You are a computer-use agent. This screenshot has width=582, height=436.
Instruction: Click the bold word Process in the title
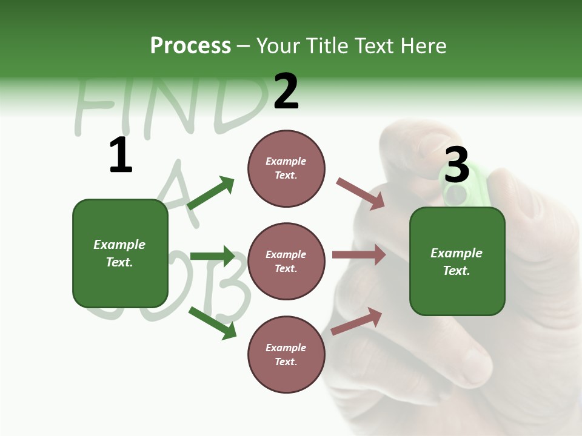click(190, 45)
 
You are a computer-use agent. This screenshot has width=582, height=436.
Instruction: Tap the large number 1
click(121, 155)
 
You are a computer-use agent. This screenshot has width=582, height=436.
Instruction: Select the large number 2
click(286, 91)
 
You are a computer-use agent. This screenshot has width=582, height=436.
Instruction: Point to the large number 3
click(457, 165)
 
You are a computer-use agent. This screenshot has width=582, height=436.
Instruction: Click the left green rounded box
click(120, 253)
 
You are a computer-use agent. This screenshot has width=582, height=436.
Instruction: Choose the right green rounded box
click(457, 262)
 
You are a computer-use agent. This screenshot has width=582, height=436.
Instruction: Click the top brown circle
click(286, 168)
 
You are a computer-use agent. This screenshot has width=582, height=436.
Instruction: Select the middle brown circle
click(286, 262)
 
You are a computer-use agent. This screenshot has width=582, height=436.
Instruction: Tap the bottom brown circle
click(286, 355)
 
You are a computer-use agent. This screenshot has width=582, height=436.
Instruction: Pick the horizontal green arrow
click(212, 256)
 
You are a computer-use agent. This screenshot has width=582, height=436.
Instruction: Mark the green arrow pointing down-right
click(213, 323)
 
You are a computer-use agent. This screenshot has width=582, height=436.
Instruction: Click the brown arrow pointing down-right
click(360, 194)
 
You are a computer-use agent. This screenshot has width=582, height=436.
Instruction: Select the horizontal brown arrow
click(359, 255)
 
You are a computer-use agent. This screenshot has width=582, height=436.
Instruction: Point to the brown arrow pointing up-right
click(357, 321)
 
